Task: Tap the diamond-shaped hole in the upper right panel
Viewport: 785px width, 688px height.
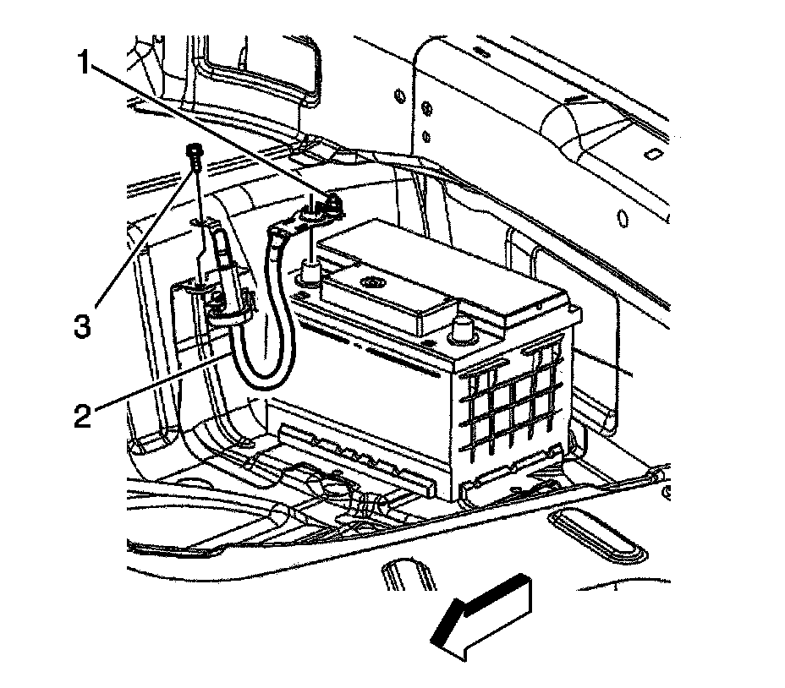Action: [x=652, y=154]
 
